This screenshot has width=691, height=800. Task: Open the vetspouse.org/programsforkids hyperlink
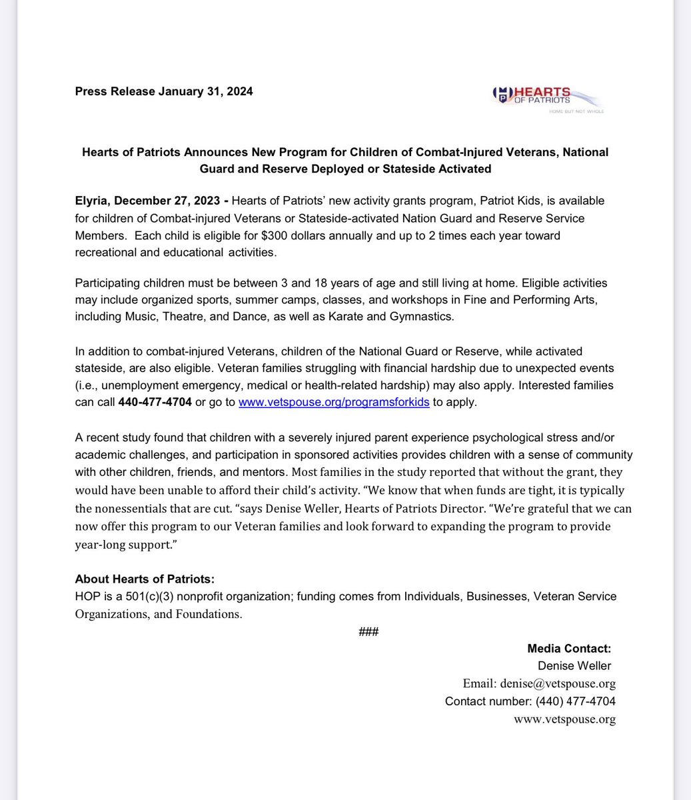pyautogui.click(x=334, y=403)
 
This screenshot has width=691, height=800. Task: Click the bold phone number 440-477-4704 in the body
pyautogui.click(x=155, y=403)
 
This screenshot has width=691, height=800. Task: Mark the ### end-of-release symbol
pyautogui.click(x=368, y=631)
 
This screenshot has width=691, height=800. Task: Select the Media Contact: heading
pyautogui.click(x=568, y=648)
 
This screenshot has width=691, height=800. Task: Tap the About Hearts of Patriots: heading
pyautogui.click(x=145, y=579)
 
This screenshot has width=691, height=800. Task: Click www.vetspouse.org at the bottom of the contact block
pyautogui.click(x=564, y=719)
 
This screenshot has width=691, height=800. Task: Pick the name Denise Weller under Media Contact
pyautogui.click(x=574, y=665)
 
